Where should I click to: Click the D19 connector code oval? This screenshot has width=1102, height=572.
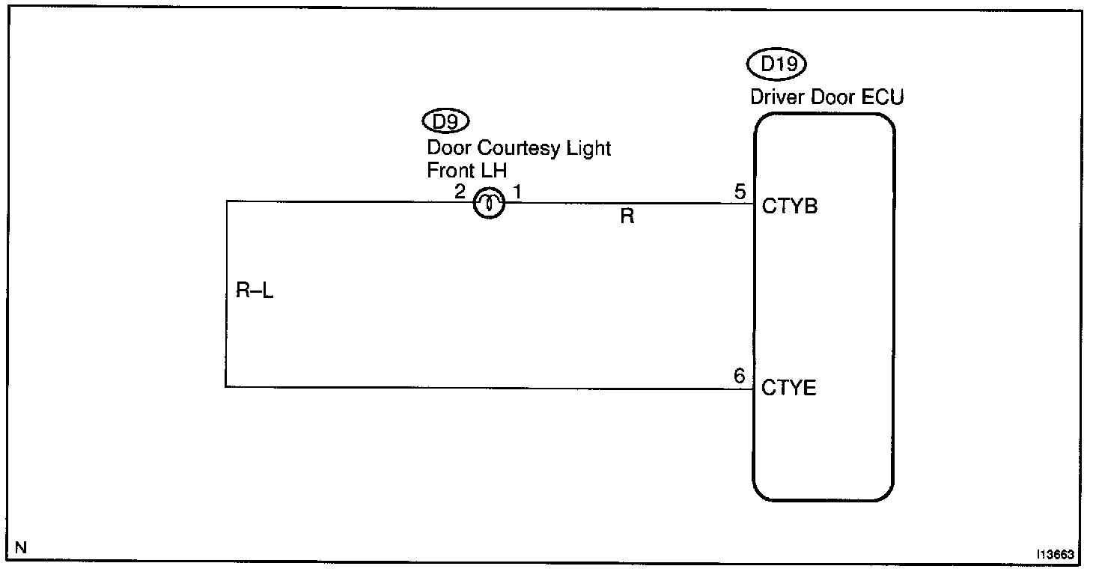[x=778, y=65]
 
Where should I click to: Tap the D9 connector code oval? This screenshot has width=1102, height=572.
[x=446, y=120]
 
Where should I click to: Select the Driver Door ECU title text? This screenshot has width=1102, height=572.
[x=826, y=97]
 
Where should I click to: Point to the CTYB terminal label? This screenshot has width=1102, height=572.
[x=789, y=207]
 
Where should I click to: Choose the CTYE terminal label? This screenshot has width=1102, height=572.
[x=789, y=388]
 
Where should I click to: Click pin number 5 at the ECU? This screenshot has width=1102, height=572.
[x=740, y=192]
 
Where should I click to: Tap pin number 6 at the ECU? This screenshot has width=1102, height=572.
[x=740, y=376]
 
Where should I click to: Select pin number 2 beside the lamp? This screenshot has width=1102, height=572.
[x=460, y=192]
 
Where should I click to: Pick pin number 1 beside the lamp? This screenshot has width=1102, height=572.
[x=517, y=192]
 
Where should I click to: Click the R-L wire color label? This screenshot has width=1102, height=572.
[x=255, y=291]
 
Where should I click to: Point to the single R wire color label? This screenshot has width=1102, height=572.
[x=627, y=218]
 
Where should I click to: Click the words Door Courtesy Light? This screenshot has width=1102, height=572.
[x=519, y=148]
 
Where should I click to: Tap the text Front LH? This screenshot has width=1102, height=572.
[x=466, y=170]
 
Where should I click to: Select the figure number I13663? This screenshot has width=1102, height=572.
[x=1056, y=555]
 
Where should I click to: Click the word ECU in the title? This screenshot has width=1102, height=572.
[x=883, y=97]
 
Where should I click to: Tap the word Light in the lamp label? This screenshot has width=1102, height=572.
[x=591, y=148]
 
